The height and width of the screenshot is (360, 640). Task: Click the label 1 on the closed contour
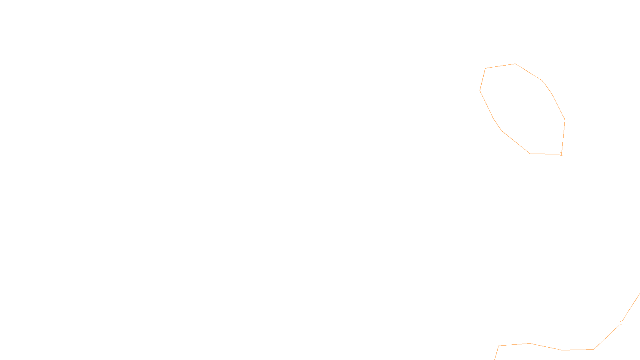(x=561, y=154)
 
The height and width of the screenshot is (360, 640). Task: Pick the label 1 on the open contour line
(x=621, y=323)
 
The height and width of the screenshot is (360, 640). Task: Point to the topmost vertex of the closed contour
(x=515, y=64)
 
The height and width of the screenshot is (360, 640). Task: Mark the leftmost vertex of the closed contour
(x=480, y=90)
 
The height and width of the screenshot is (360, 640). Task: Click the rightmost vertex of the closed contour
(x=565, y=120)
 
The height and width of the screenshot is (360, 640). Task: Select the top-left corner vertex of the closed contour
(x=486, y=68)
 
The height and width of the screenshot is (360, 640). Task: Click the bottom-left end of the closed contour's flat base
(x=530, y=153)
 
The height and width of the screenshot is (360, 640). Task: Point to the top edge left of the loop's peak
(x=500, y=66)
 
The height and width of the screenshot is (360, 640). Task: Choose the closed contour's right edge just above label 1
(x=563, y=136)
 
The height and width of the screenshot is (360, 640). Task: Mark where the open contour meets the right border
(x=639, y=294)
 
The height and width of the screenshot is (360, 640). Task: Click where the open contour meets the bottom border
(x=495, y=359)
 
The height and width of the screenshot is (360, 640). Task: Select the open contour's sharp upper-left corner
(x=499, y=346)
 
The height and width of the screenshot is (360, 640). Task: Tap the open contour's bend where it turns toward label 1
(x=594, y=349)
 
